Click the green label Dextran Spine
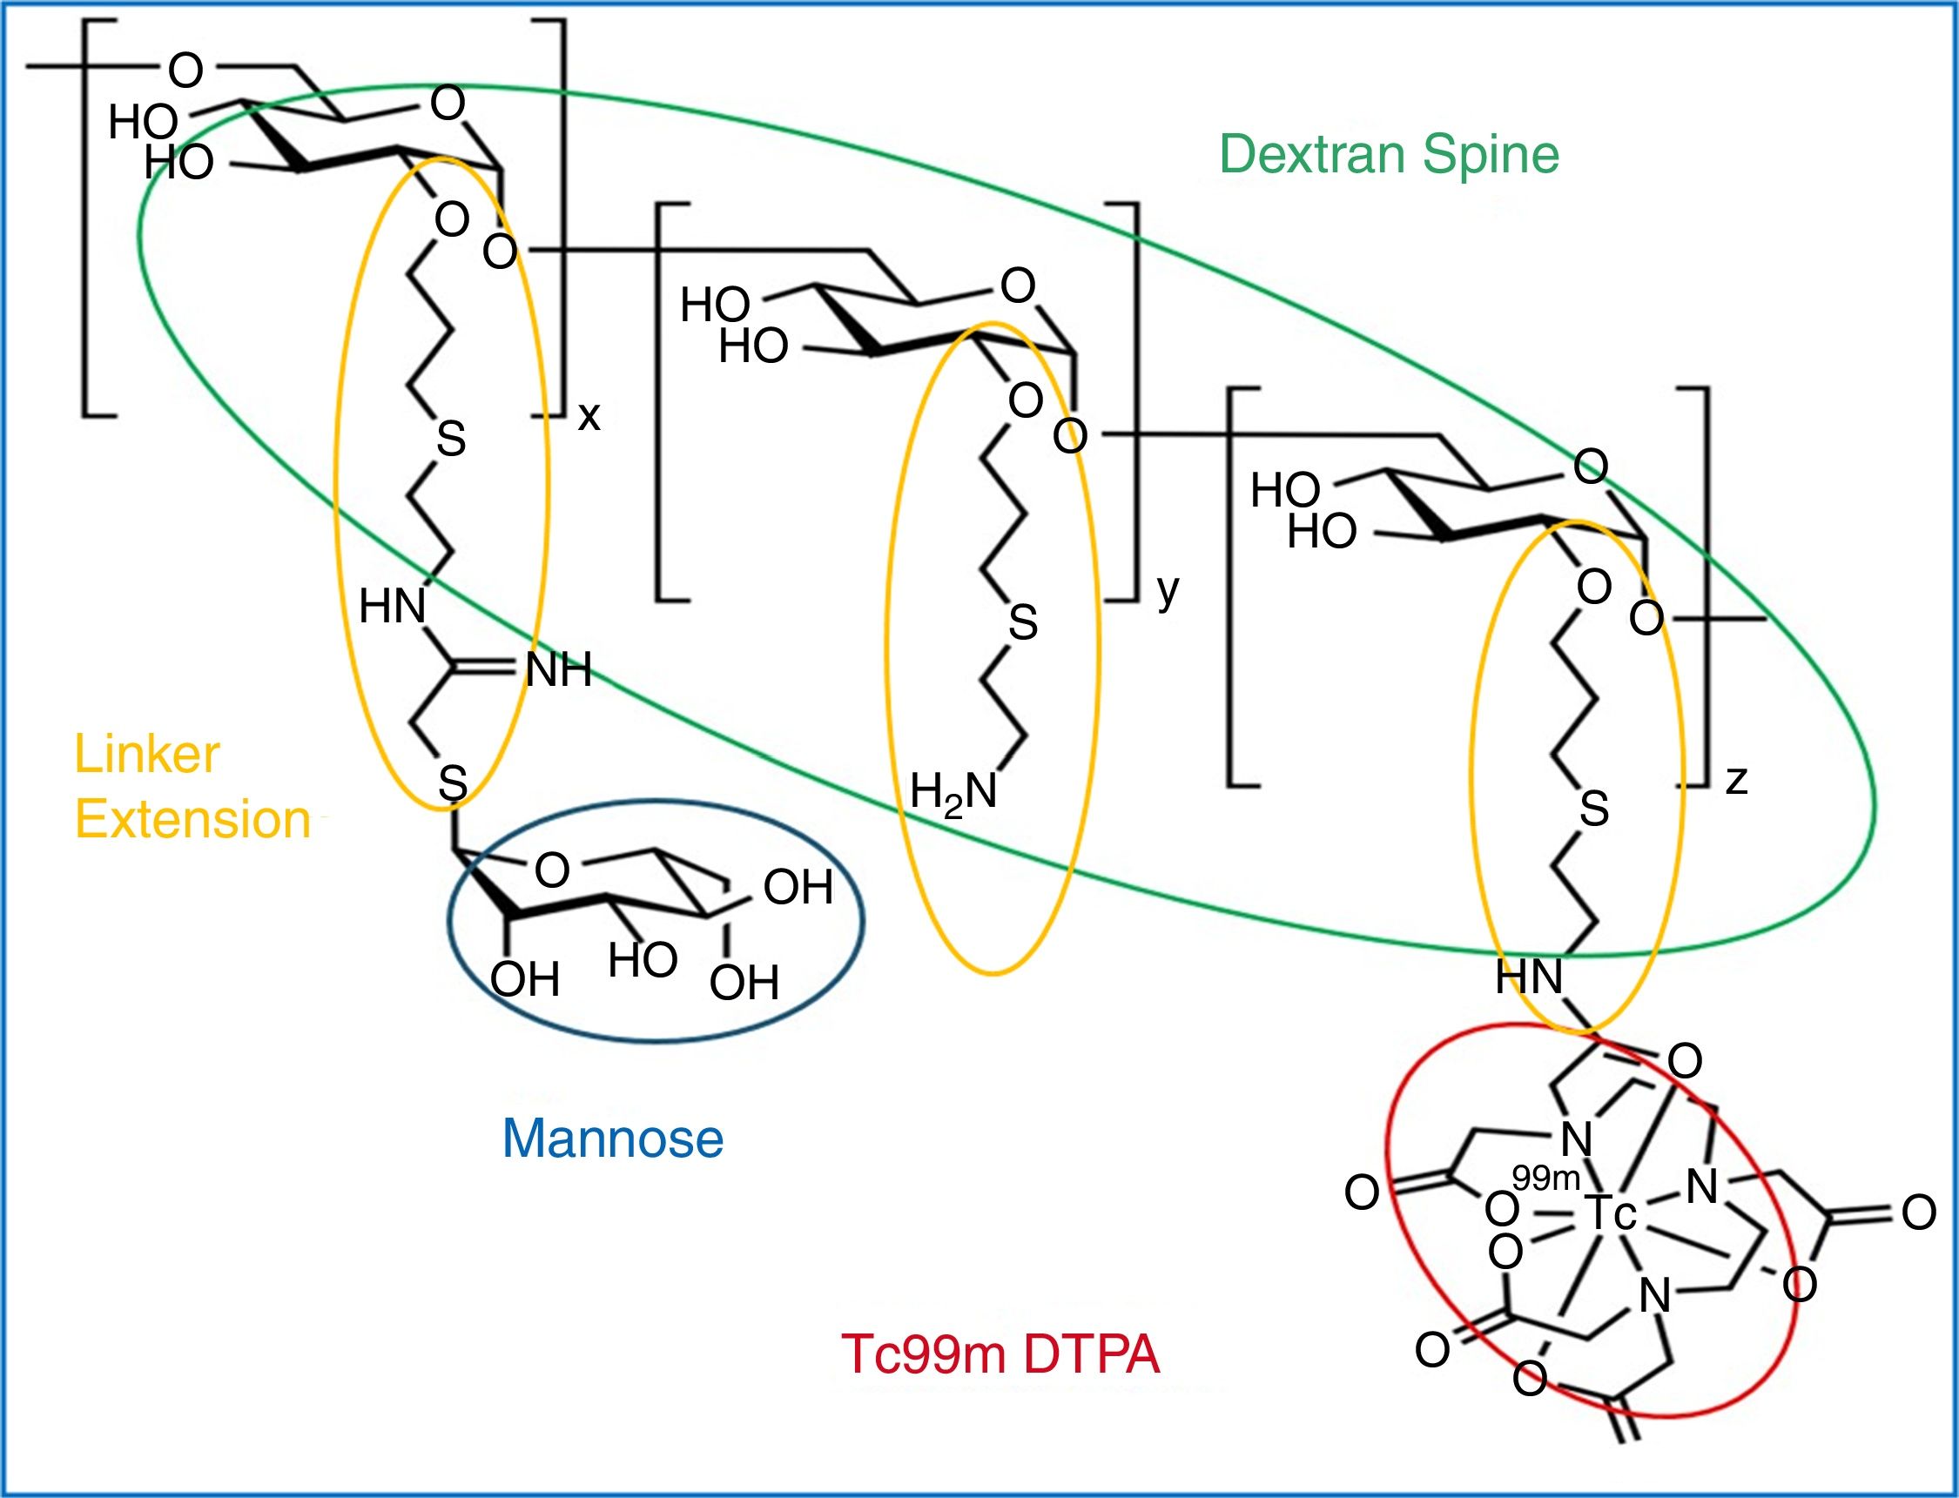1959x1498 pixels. pos(1389,155)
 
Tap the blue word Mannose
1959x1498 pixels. pos(614,1139)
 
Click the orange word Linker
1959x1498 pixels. pos(147,755)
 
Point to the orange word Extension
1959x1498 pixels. pos(192,819)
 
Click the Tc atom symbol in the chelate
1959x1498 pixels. pos(1611,1213)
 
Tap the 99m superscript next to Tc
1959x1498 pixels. pos(1545,1179)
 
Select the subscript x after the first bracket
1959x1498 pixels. pos(589,416)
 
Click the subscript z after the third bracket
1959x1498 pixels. pos(1736,780)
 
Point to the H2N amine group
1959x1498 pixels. pos(953,792)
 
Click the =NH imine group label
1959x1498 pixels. pos(556,669)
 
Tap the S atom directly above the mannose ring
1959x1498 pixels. pos(453,783)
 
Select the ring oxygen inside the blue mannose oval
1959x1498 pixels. pos(552,870)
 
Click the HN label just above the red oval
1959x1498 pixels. pos(1529,977)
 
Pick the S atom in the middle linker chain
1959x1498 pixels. pos(1023,622)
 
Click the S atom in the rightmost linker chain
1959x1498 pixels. pos(1593,809)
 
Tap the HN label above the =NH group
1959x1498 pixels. pos(393,608)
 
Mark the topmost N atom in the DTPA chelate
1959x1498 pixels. pos(1577,1139)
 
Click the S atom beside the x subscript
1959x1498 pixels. pos(451,439)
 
